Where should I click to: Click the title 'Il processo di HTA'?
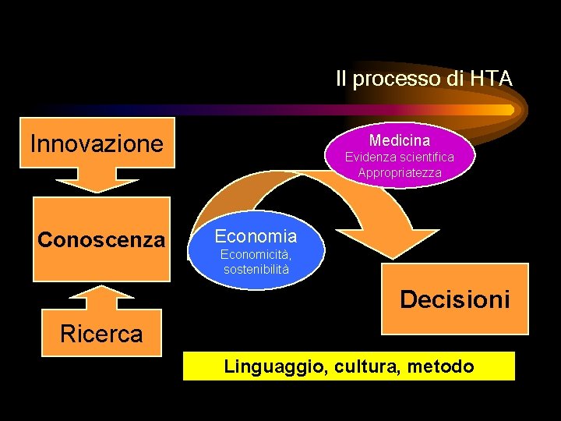pyautogui.click(x=423, y=79)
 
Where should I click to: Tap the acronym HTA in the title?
pyautogui.click(x=491, y=79)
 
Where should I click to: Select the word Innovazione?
pyautogui.click(x=97, y=143)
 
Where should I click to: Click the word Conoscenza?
pyautogui.click(x=101, y=239)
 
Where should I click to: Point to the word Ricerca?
pyautogui.click(x=101, y=334)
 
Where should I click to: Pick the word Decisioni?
pyautogui.click(x=454, y=299)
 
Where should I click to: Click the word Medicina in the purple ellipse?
pyautogui.click(x=399, y=140)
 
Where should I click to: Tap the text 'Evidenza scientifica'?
pyautogui.click(x=399, y=157)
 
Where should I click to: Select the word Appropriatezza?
pyautogui.click(x=399, y=172)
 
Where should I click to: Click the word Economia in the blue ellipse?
pyautogui.click(x=256, y=236)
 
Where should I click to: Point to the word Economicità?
pyautogui.click(x=256, y=255)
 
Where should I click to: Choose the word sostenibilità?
pyautogui.click(x=256, y=270)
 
